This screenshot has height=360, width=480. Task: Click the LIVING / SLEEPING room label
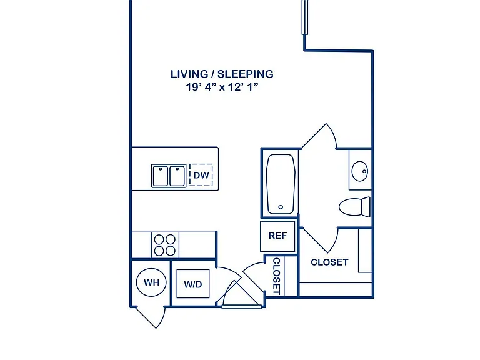pyautogui.click(x=222, y=74)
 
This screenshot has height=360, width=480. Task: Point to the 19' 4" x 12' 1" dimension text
pyautogui.click(x=222, y=87)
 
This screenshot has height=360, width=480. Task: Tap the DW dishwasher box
pyautogui.click(x=201, y=175)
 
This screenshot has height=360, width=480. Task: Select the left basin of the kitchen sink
pyautogui.click(x=161, y=176)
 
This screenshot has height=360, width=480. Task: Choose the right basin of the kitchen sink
pyautogui.click(x=177, y=176)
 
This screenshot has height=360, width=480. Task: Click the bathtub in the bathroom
pyautogui.click(x=281, y=184)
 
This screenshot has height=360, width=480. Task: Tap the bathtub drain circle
pyautogui.click(x=281, y=207)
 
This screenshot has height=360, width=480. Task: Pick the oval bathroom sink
pyautogui.click(x=360, y=171)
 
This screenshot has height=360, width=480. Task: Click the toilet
pyautogui.click(x=355, y=207)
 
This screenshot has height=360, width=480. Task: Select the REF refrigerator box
pyautogui.click(x=277, y=236)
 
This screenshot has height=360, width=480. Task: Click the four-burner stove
pyautogui.click(x=165, y=245)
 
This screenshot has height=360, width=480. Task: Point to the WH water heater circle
pyautogui.click(x=151, y=282)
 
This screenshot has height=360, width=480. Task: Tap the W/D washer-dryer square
pyautogui.click(x=193, y=284)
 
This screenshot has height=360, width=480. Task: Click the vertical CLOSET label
pyautogui.click(x=276, y=276)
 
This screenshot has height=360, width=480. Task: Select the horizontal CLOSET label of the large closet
pyautogui.click(x=329, y=262)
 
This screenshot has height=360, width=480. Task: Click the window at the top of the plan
pyautogui.click(x=304, y=17)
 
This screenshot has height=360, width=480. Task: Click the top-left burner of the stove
pyautogui.click(x=159, y=239)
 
